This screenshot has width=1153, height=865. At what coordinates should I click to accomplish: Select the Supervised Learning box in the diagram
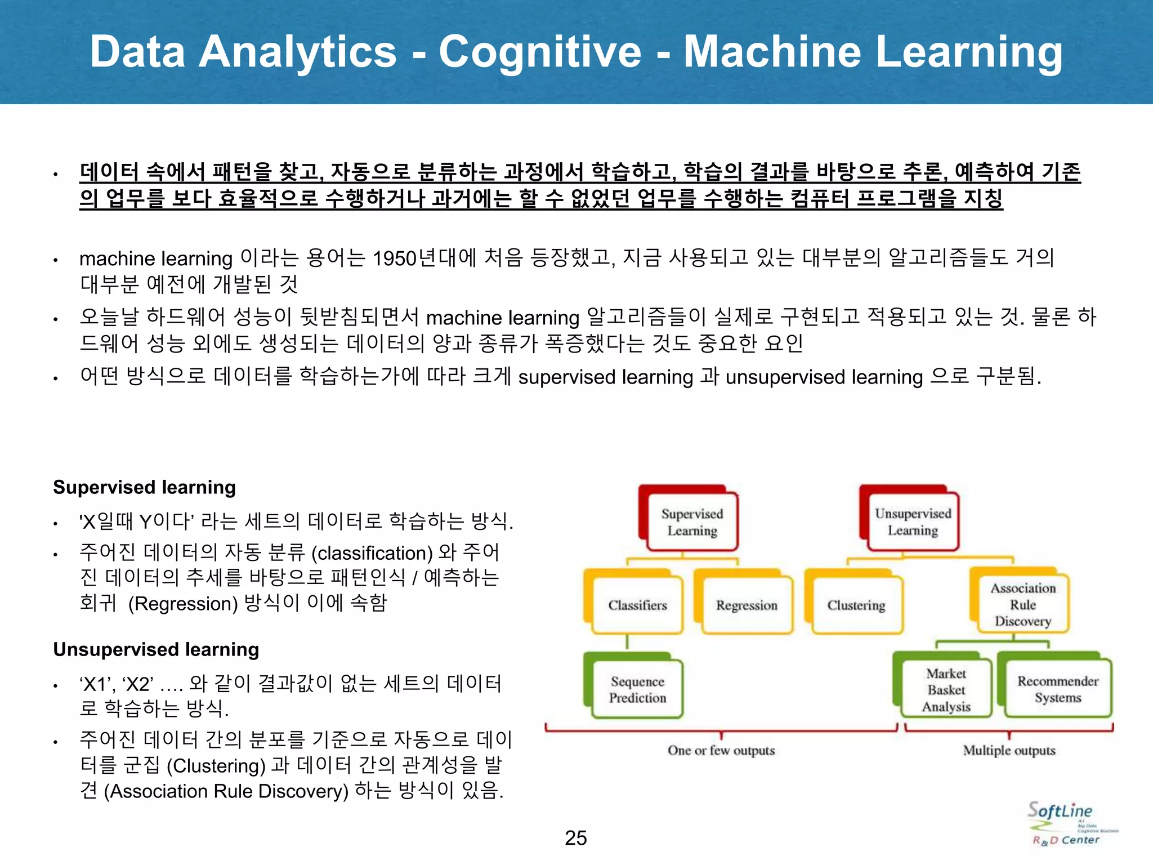click(692, 522)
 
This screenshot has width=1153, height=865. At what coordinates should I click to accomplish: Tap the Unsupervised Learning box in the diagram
click(913, 522)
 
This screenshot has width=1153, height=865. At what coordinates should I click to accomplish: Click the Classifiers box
click(637, 605)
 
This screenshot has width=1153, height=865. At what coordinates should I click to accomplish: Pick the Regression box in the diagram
click(747, 605)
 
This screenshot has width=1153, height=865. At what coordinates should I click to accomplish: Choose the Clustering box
click(856, 605)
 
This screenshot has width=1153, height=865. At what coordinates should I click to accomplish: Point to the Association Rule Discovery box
click(1022, 604)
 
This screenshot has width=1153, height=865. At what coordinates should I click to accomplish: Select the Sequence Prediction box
click(637, 689)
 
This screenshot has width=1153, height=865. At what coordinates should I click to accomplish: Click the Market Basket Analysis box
click(946, 689)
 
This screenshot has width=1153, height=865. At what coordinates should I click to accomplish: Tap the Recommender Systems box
click(1057, 689)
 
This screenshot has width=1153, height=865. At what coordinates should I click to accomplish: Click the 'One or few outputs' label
click(721, 750)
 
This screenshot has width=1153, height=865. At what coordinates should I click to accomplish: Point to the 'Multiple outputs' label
click(1009, 750)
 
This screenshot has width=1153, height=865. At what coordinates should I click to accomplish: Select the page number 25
click(575, 838)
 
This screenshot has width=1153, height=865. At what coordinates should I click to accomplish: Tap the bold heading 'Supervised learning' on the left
click(144, 487)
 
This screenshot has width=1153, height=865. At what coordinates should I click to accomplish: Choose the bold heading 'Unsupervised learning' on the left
click(156, 649)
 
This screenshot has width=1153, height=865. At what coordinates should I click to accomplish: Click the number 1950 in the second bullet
click(394, 258)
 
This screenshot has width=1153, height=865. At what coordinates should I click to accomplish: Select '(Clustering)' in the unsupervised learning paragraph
click(216, 766)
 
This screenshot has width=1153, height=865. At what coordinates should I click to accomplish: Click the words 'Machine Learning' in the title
click(873, 52)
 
